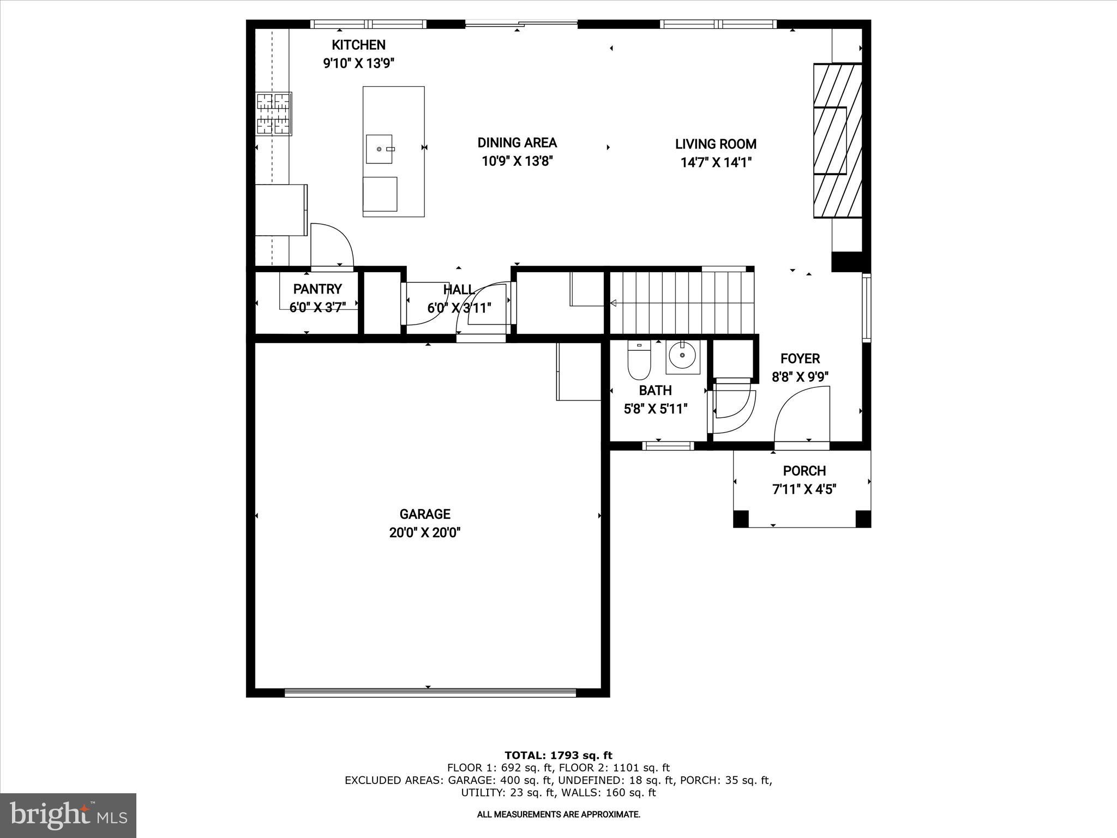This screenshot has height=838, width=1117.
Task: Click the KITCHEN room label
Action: click(358, 45)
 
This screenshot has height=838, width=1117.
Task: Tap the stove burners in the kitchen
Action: click(274, 113)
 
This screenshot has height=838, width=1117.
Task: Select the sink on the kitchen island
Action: click(379, 149)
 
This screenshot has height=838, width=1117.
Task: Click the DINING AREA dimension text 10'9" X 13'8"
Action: click(517, 161)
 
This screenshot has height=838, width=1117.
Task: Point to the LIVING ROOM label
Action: click(716, 144)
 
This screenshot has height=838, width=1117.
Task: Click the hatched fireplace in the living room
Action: click(837, 141)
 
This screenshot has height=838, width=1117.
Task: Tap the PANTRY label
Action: click(317, 289)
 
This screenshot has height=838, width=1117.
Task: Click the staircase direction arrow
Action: click(613, 303)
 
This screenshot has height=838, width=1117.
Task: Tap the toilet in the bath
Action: click(639, 362)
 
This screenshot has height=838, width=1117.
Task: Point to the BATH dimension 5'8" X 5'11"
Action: click(655, 409)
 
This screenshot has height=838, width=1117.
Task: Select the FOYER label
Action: click(800, 358)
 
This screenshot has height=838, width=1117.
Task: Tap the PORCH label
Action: click(804, 470)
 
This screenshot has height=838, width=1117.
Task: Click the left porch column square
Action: click(741, 519)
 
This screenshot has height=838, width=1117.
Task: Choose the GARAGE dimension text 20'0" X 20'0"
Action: click(425, 532)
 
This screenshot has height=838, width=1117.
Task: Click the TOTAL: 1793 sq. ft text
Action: click(558, 756)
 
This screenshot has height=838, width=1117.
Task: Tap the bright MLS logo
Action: click(68, 815)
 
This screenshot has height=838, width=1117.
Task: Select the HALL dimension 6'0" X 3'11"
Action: click(459, 308)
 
